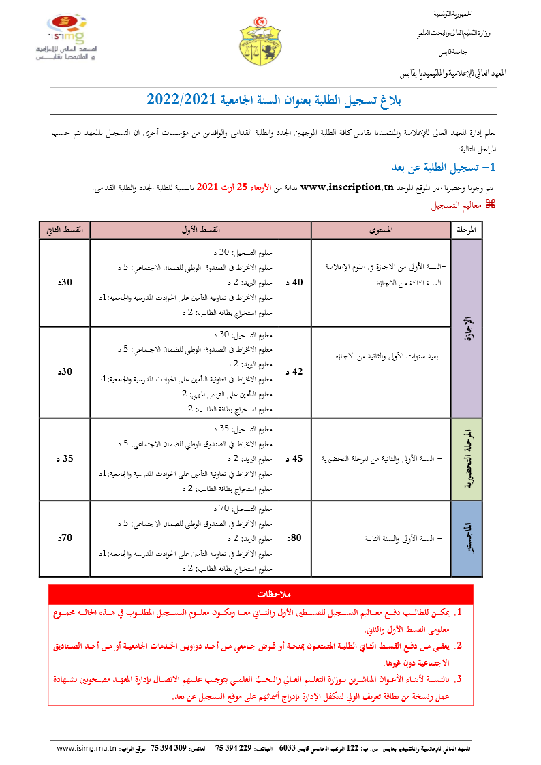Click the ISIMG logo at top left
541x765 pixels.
click(65, 38)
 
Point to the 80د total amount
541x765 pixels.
click(296, 538)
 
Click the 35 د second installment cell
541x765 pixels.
click(67, 459)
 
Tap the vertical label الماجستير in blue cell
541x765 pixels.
click(467, 538)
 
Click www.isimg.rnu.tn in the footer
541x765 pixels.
click(87, 748)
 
